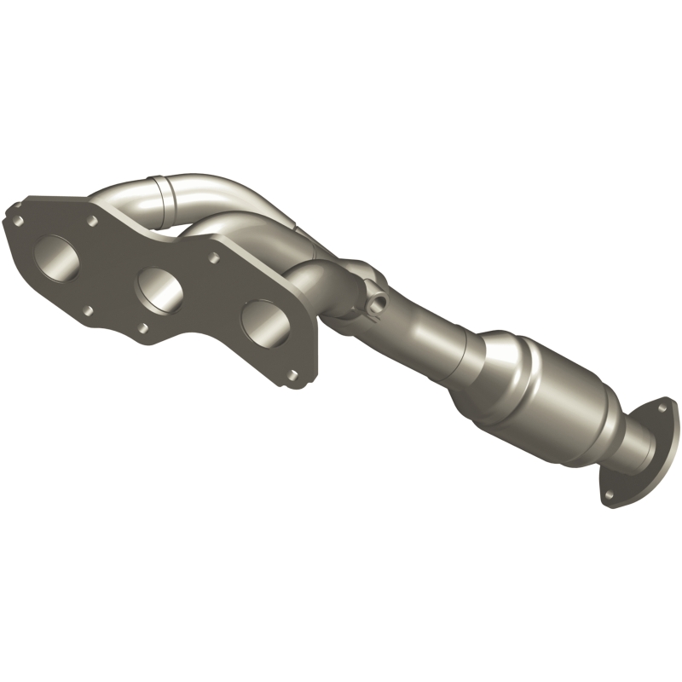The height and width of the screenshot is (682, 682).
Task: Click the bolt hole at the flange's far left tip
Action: click(14, 220)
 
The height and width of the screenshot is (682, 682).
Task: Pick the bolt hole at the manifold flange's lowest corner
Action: click(292, 375)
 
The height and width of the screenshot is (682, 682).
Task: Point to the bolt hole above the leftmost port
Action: click(91, 221)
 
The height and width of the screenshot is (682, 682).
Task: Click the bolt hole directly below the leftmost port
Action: click(87, 312)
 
